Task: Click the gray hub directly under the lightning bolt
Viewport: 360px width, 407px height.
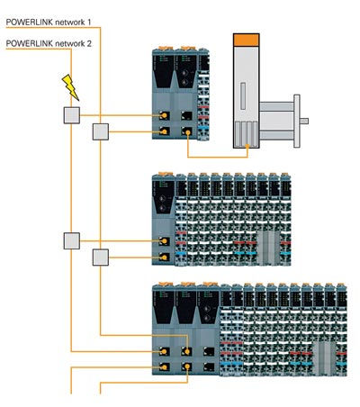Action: (71, 114)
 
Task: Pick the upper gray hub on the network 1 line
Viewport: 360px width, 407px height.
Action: (101, 131)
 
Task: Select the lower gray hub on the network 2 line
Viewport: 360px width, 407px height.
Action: (71, 240)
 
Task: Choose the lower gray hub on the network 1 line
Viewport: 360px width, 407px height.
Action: (101, 258)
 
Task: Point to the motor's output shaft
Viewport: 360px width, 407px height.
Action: (304, 121)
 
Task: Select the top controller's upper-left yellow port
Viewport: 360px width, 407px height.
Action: (164, 116)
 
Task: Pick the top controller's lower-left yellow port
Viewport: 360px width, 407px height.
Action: (164, 132)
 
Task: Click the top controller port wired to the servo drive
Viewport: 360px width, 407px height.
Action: (186, 132)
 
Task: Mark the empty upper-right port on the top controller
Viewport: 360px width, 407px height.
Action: (186, 116)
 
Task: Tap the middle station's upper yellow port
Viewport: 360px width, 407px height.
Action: (163, 241)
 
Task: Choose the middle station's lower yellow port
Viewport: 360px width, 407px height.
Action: (163, 258)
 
